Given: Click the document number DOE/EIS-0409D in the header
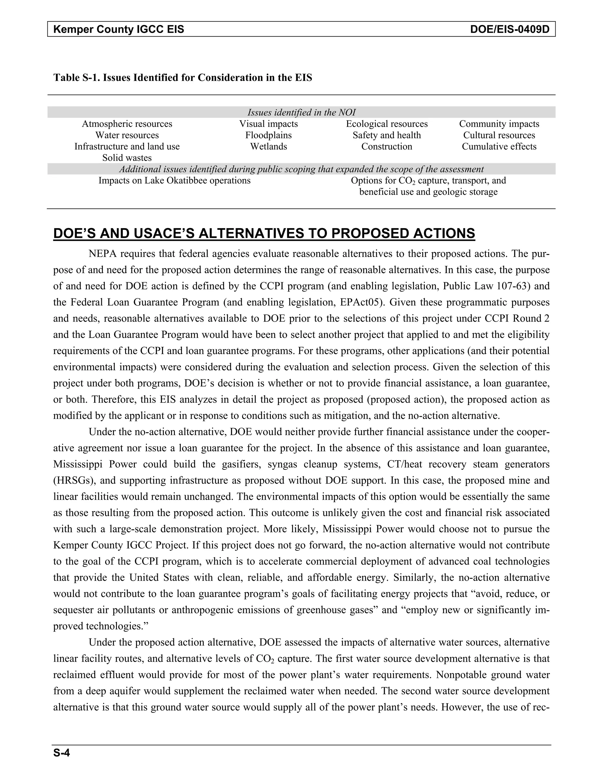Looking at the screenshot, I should (510, 29).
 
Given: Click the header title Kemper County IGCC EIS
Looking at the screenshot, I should (119, 29).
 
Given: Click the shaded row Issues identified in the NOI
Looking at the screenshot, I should (301, 112).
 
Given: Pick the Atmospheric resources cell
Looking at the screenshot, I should (127, 124).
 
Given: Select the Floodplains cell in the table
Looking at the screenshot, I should (268, 135).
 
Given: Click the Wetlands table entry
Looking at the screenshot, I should (268, 147).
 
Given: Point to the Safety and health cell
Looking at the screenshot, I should (387, 135).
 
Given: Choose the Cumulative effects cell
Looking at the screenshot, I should (499, 147).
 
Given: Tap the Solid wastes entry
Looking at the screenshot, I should (127, 158).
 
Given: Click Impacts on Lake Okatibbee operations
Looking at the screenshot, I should (174, 181).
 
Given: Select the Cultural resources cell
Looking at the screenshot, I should (499, 135).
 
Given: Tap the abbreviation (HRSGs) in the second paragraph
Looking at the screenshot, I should (74, 480).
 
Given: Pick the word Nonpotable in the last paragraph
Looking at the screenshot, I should (460, 675).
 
